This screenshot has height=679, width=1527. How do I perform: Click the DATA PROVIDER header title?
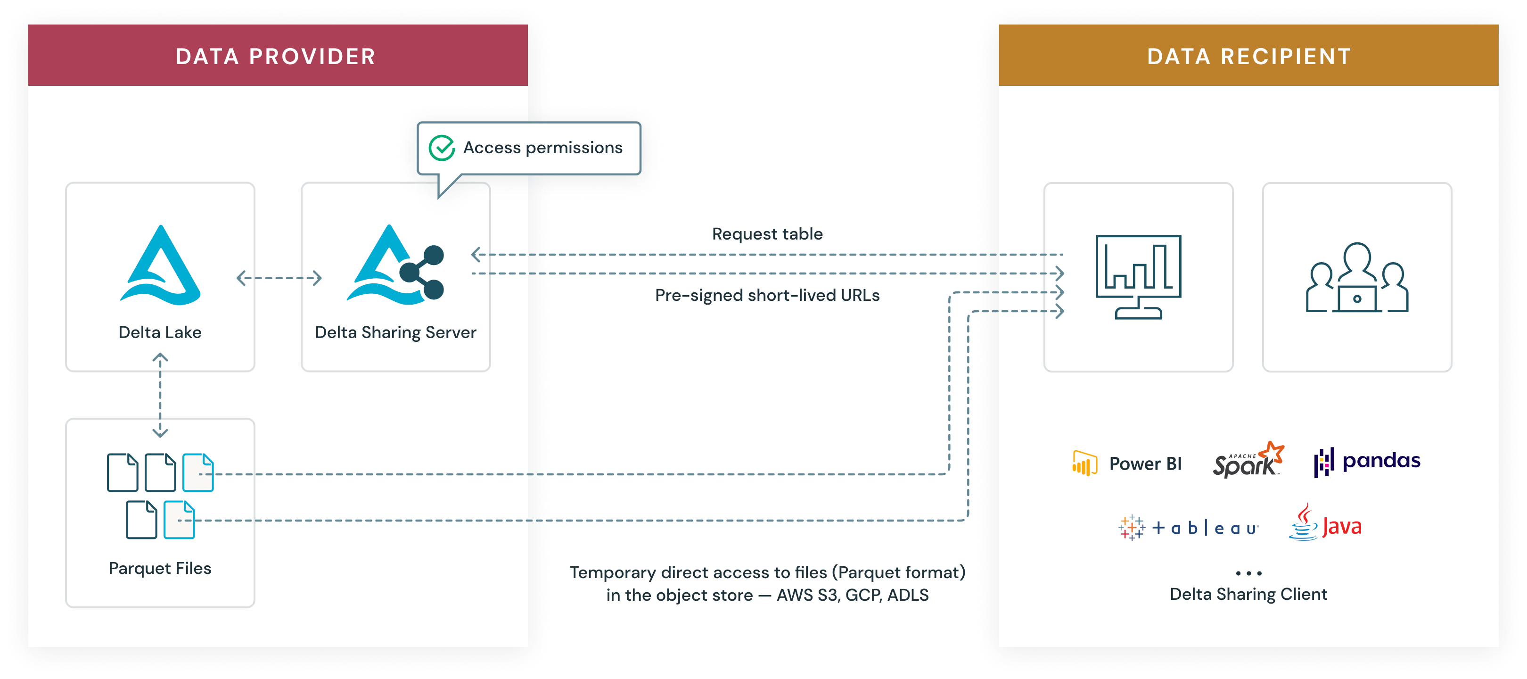(276, 56)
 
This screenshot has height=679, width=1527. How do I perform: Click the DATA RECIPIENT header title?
(1249, 56)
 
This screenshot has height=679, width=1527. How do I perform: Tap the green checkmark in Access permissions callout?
(442, 148)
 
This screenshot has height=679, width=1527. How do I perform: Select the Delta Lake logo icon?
(160, 266)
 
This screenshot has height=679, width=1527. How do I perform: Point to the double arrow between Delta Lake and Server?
(279, 278)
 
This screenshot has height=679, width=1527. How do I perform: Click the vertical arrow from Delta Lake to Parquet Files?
(160, 395)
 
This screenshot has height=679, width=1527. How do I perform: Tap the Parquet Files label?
(160, 568)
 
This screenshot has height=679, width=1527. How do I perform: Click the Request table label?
(767, 234)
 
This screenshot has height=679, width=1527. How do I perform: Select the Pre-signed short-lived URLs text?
(767, 295)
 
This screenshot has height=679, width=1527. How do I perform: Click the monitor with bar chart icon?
(1138, 276)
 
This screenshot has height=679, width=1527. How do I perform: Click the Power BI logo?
(1127, 463)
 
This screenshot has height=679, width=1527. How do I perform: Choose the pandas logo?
(1367, 461)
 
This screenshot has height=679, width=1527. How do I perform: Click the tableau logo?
(1189, 527)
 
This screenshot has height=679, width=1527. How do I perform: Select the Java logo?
(1325, 523)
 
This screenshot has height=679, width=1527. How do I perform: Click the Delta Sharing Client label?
(1248, 594)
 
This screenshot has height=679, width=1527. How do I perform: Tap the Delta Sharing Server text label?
(395, 332)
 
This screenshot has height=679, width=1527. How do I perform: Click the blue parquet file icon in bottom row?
(179, 520)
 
